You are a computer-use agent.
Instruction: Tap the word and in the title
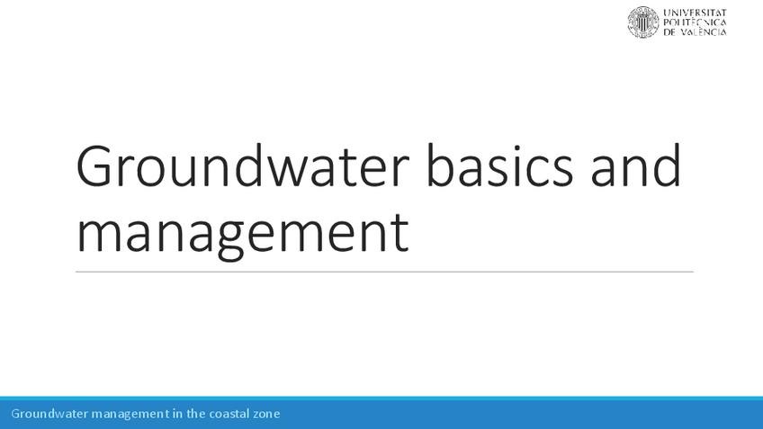[x=636, y=168]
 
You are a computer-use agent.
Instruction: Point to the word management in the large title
[x=243, y=232]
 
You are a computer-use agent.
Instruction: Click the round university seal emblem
[x=642, y=22]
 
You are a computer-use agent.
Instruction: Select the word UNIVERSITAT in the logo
[x=695, y=13]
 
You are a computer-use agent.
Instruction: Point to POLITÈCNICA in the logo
[x=695, y=22]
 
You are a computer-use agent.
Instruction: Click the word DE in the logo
[x=670, y=32]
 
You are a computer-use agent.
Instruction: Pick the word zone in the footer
[x=267, y=414]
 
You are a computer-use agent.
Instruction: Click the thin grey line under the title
[x=384, y=271]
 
